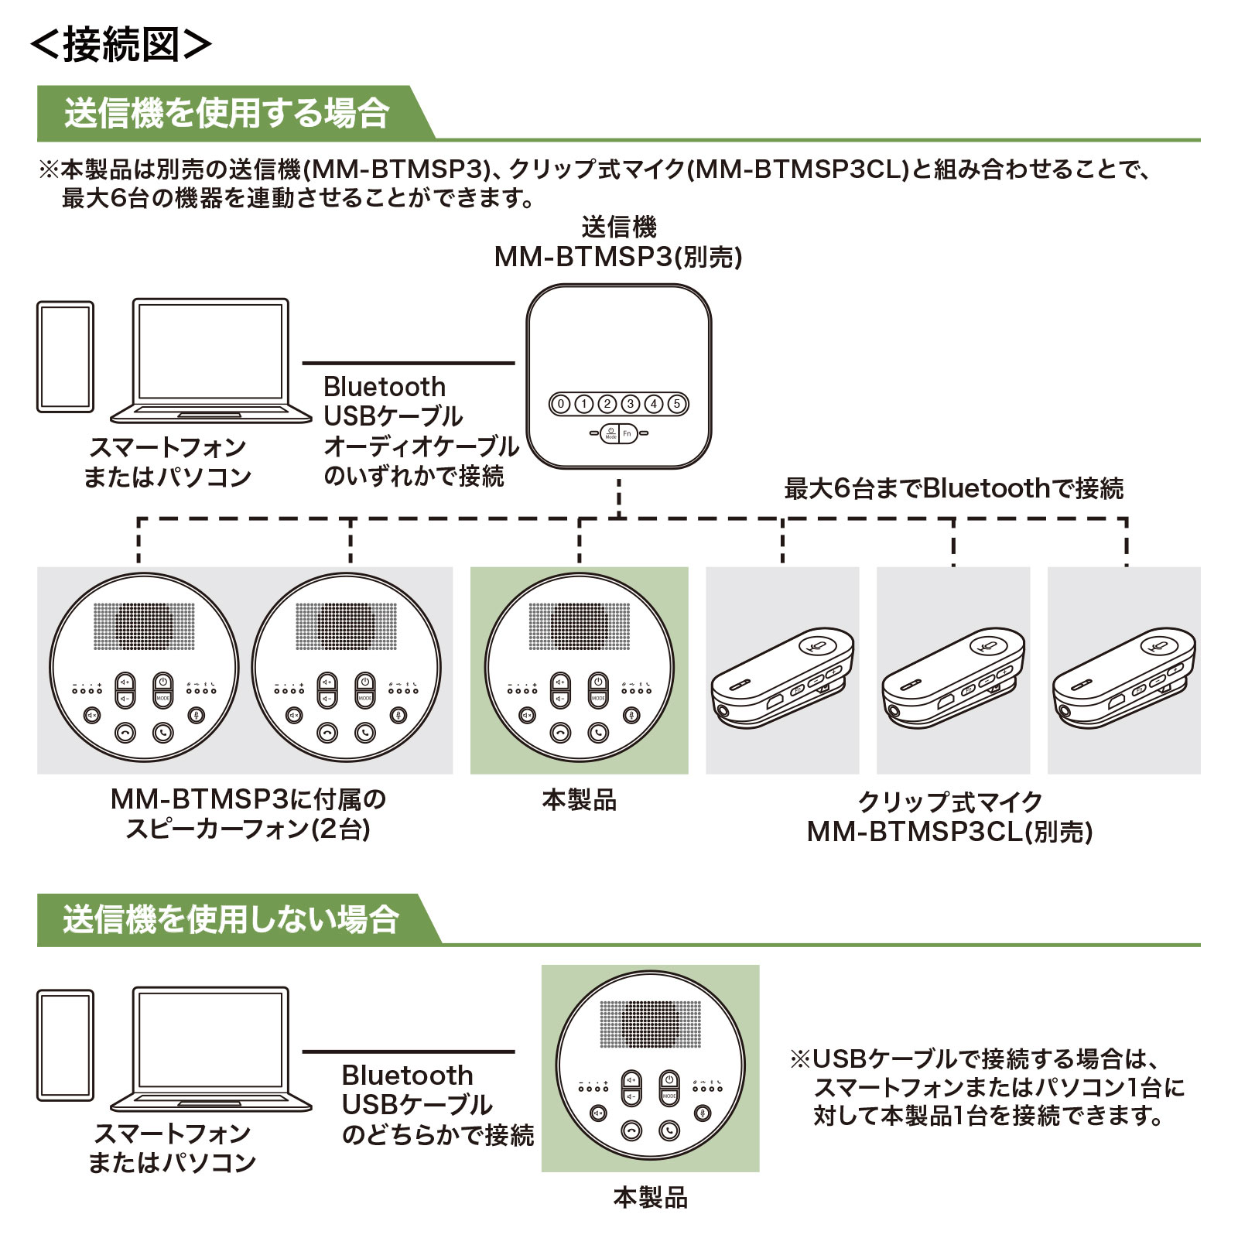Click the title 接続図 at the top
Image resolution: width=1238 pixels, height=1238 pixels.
click(x=121, y=46)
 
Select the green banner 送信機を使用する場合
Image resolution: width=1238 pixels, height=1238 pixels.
click(x=232, y=113)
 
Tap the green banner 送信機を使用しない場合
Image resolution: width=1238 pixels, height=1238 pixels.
click(x=236, y=919)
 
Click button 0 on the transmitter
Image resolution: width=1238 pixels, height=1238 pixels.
click(x=561, y=403)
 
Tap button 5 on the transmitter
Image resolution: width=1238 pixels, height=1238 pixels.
click(x=677, y=403)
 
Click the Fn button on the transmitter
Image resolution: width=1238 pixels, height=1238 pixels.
click(x=628, y=434)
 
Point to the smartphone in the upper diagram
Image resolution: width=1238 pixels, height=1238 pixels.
click(x=66, y=357)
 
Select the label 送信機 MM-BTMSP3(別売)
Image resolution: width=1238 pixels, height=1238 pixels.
click(x=618, y=242)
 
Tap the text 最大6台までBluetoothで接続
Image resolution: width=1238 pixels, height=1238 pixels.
click(x=953, y=488)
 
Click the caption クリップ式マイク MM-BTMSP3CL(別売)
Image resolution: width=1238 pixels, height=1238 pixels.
click(x=950, y=816)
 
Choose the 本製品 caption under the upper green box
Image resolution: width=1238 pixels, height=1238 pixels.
click(x=580, y=800)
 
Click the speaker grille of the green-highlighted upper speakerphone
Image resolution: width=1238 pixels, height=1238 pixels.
click(x=580, y=627)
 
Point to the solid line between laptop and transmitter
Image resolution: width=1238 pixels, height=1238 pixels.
click(x=409, y=362)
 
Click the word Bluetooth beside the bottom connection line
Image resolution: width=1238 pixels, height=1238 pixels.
click(x=407, y=1075)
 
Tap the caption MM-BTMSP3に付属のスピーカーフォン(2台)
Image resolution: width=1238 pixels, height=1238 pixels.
click(x=248, y=814)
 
